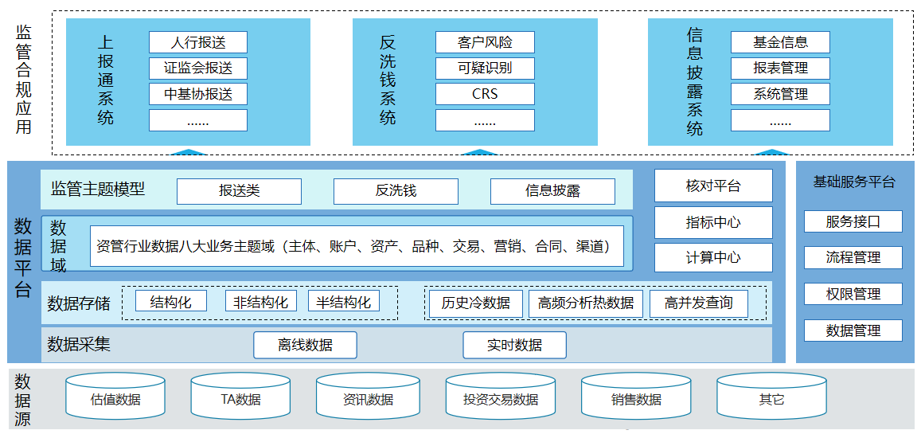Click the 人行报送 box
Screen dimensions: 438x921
pyautogui.click(x=197, y=42)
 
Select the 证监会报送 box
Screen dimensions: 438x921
pyautogui.click(x=197, y=68)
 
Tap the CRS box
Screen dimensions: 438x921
pyautogui.click(x=484, y=94)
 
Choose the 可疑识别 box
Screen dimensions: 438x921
pyautogui.click(x=484, y=68)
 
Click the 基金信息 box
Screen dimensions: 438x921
pyautogui.click(x=780, y=42)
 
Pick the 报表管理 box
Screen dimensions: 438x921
pyautogui.click(x=780, y=68)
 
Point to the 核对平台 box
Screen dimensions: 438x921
pyautogui.click(x=713, y=186)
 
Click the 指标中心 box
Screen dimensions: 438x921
pyautogui.click(x=713, y=222)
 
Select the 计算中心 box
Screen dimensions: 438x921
pyautogui.click(x=713, y=257)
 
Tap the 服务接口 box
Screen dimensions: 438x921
pyautogui.click(x=853, y=221)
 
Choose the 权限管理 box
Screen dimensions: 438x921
pyautogui.click(x=853, y=294)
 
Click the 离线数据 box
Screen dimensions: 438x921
pyautogui.click(x=305, y=345)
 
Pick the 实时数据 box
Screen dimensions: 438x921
pyautogui.click(x=514, y=345)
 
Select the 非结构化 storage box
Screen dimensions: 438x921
pyautogui.click(x=260, y=302)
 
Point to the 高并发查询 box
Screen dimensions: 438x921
pyautogui.click(x=699, y=303)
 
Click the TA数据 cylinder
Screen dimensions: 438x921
pyautogui.click(x=240, y=398)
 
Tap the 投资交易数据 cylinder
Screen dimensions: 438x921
pyautogui.click(x=501, y=398)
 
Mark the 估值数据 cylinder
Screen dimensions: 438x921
pyautogui.click(x=115, y=398)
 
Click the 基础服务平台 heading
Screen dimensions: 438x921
pyautogui.click(x=853, y=182)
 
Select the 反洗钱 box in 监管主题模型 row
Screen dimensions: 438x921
pyautogui.click(x=396, y=191)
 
